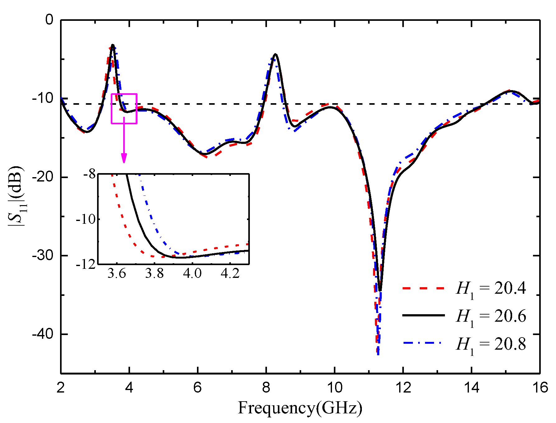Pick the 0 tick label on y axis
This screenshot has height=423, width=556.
49,20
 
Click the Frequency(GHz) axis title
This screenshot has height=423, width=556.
300,408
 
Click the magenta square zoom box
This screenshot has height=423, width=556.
124,108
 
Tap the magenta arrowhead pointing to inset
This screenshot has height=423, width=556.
124,159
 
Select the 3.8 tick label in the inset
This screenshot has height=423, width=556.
154,274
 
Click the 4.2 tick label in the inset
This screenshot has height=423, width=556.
230,274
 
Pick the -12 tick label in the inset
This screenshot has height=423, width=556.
86,264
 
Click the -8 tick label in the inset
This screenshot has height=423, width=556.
90,174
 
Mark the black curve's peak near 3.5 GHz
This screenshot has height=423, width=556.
113,45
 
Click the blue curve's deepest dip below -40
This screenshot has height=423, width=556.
378,354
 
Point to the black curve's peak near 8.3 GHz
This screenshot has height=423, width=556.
275,54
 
